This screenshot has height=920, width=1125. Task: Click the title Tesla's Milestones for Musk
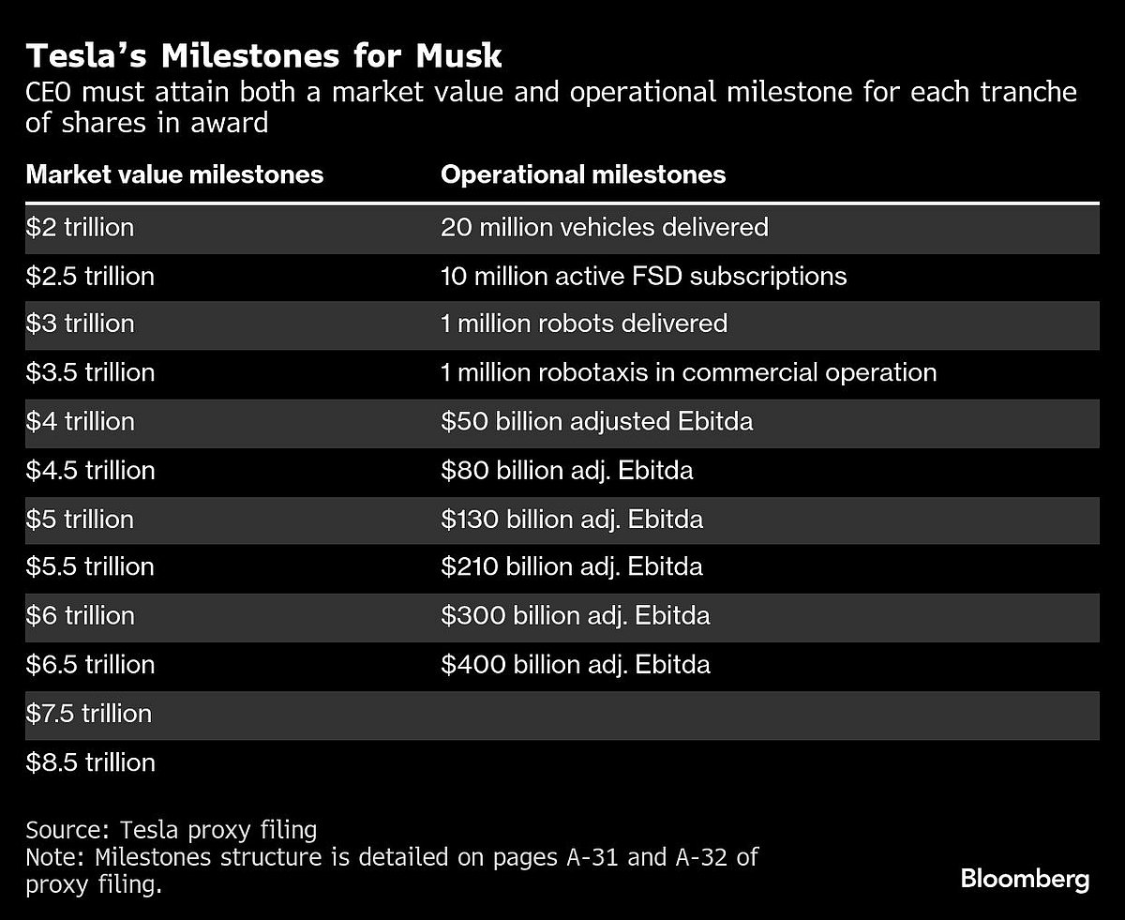point(263,56)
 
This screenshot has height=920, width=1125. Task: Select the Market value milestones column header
point(174,174)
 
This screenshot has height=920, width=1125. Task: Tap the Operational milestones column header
point(582,174)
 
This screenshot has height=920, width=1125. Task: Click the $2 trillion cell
point(80,227)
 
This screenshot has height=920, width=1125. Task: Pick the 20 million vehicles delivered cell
point(604,227)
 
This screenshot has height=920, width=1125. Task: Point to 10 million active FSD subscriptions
point(643,276)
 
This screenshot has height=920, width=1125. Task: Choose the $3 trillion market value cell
point(80,324)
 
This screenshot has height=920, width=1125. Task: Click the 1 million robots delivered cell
point(583,324)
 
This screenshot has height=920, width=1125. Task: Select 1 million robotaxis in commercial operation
point(688,373)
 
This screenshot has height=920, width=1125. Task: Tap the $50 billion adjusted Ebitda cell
point(596,422)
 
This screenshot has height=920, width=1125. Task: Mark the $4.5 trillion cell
point(90,471)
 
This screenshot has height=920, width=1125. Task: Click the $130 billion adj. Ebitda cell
point(571,520)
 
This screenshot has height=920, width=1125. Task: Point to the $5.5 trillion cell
point(90,567)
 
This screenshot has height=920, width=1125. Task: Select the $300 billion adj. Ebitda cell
point(575,616)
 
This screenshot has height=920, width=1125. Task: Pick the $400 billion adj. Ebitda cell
point(575,665)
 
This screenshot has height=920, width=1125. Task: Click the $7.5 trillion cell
point(89,714)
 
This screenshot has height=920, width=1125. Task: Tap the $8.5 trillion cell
point(90,762)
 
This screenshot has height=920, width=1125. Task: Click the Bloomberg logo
point(1025,880)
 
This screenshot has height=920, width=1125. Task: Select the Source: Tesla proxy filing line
point(172,831)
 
